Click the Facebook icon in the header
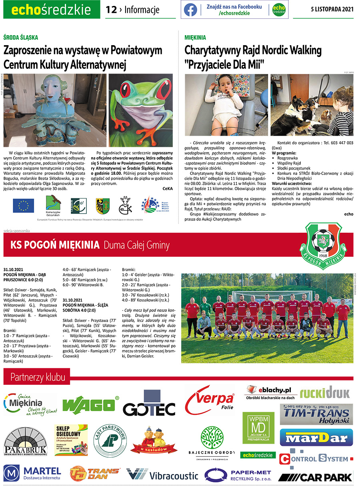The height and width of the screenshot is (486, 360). coord(190,10)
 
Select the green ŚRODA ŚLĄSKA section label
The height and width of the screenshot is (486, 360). coord(20,37)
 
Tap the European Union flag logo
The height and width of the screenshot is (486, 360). coord(23,205)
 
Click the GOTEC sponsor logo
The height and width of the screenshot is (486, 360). coord(149,407)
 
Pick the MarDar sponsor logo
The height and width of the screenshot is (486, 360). coord(316,437)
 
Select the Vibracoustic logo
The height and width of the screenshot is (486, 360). coord(162,475)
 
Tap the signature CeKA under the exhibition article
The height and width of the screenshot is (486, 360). coord(168,188)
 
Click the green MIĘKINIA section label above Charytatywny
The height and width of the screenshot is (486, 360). coord(195,37)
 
